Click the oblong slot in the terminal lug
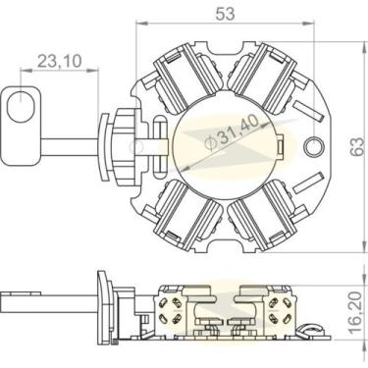21,103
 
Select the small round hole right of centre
314,147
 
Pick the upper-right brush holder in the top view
266,79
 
